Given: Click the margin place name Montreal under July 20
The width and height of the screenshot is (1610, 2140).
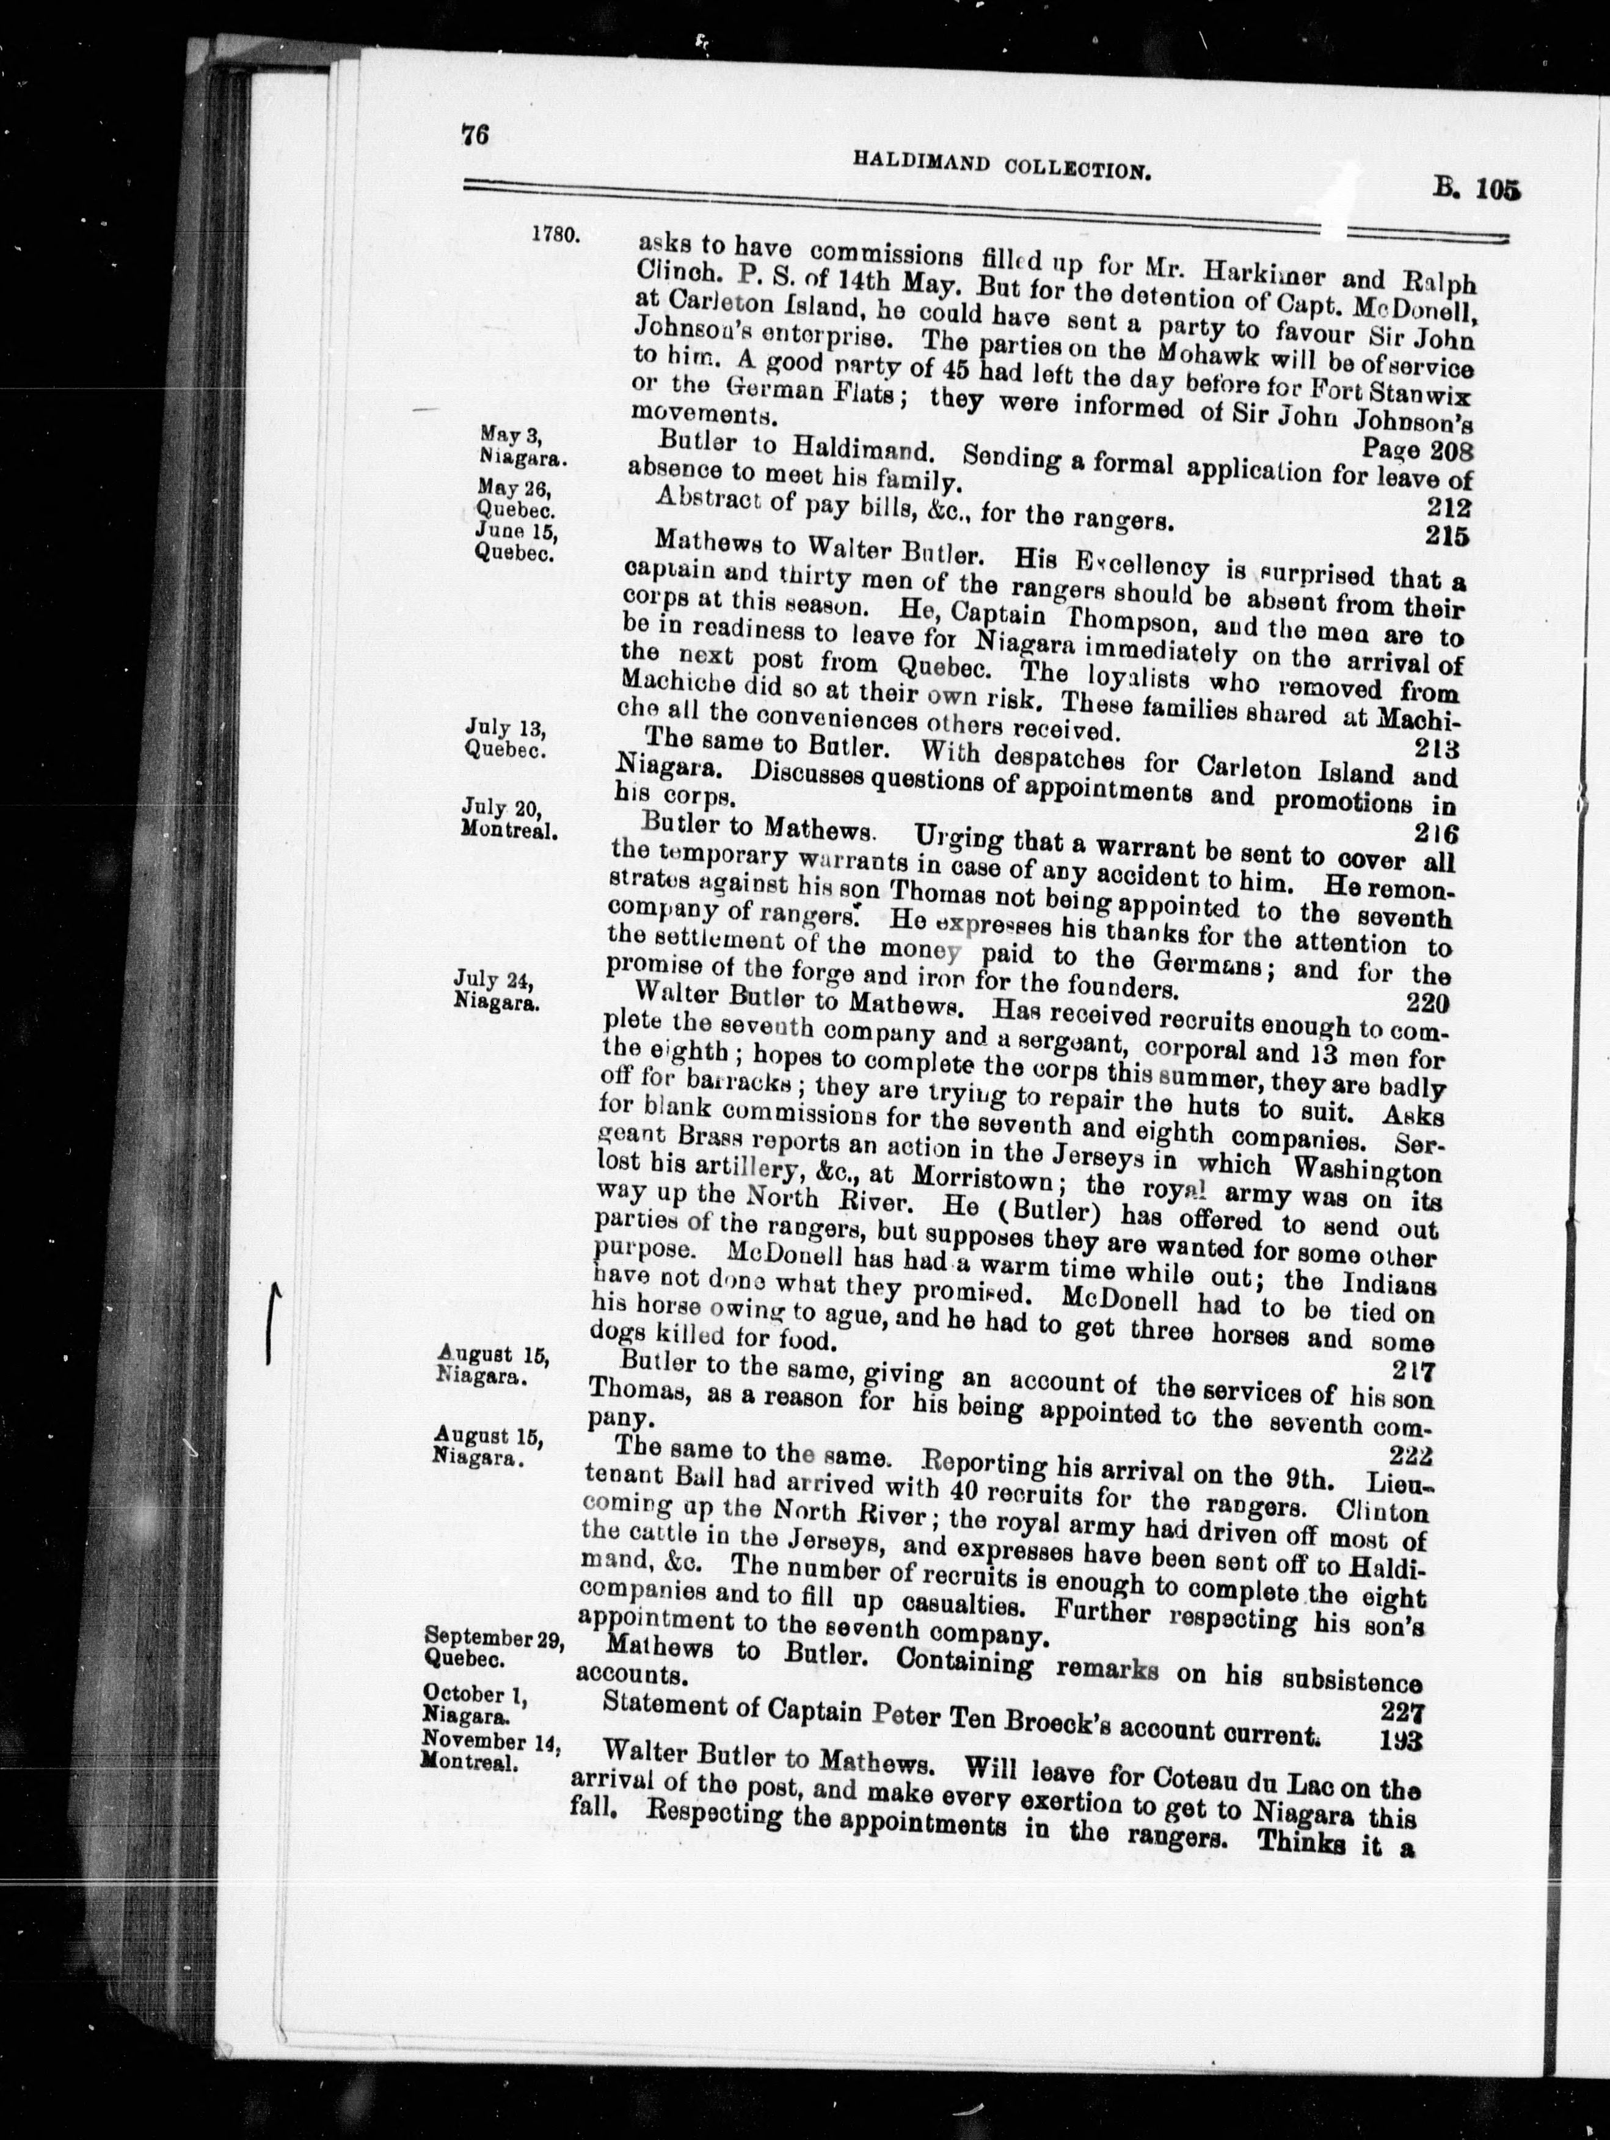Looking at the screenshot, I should click(x=507, y=829).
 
